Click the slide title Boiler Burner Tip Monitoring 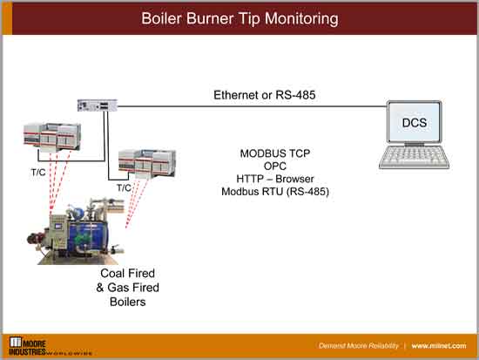(239, 17)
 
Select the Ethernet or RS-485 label (270, 94)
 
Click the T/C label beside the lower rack (124, 187)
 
